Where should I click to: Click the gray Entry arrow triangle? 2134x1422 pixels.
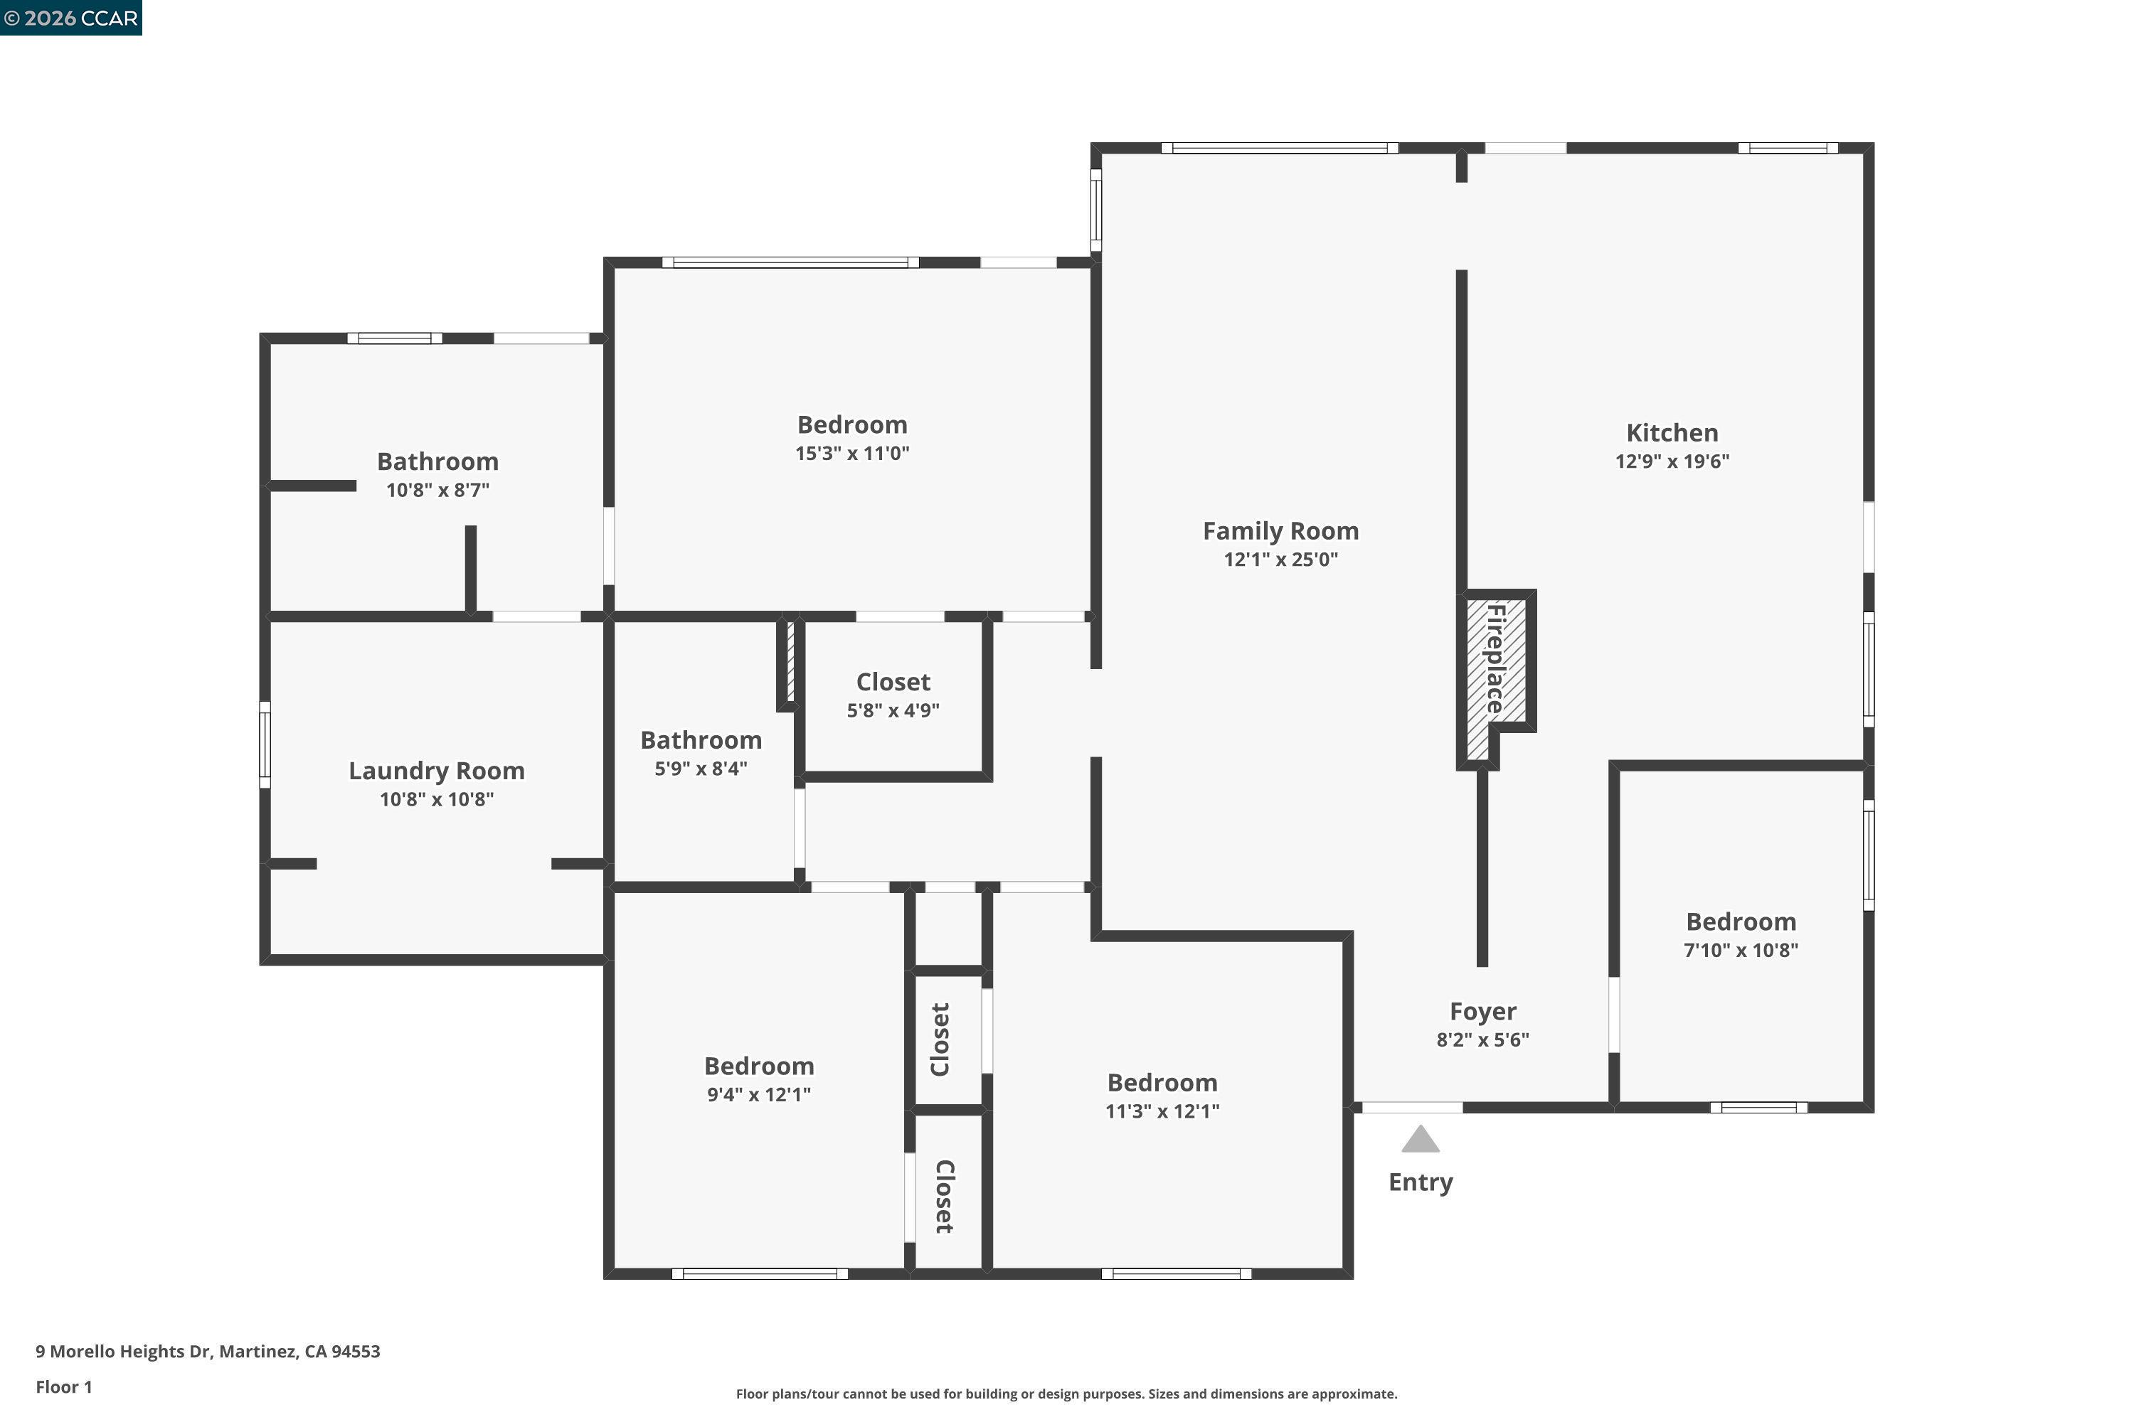click(x=1420, y=1140)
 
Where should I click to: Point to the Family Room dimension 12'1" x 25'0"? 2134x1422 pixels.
click(x=1280, y=560)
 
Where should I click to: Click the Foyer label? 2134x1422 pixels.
click(x=1482, y=1011)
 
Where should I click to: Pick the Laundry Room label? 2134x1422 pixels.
click(x=437, y=771)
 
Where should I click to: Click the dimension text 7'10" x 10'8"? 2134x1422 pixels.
click(x=1740, y=951)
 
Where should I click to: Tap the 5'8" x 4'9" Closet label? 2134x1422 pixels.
click(x=893, y=682)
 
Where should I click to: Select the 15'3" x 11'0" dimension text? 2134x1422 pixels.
click(x=852, y=454)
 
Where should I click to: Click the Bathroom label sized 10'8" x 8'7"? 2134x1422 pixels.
click(x=437, y=461)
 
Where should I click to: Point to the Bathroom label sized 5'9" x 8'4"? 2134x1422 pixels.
click(x=701, y=740)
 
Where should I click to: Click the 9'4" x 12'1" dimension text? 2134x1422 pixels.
click(x=758, y=1095)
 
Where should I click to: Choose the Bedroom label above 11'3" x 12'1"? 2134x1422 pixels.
click(x=1162, y=1082)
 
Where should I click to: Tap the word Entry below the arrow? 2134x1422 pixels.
click(x=1420, y=1182)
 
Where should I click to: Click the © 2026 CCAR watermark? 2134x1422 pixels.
click(x=70, y=18)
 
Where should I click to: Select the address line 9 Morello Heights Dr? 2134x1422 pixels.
click(x=208, y=1352)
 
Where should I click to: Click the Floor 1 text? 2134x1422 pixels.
click(x=63, y=1386)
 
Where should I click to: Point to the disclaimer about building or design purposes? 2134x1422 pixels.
click(x=1066, y=1394)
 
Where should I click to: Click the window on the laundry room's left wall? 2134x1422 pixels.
click(x=265, y=744)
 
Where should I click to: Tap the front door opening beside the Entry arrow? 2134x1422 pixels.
click(x=1412, y=1107)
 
